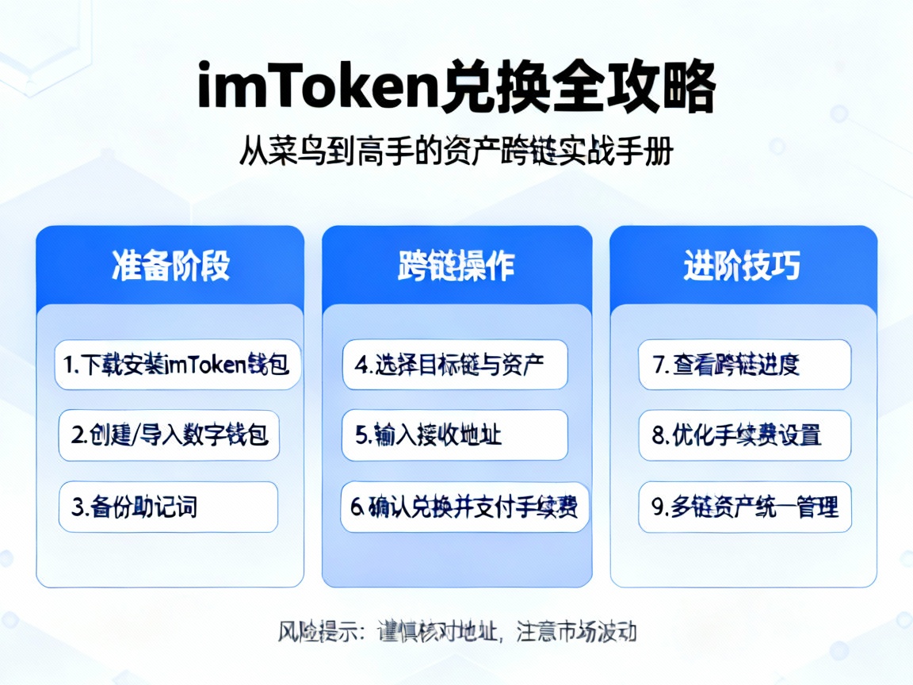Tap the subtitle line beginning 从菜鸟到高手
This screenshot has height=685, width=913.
(x=456, y=151)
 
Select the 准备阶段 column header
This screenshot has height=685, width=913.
(x=170, y=266)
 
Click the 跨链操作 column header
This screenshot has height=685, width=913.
(x=456, y=266)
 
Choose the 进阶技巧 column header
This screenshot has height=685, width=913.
(x=742, y=266)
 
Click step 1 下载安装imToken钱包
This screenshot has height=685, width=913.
(x=178, y=365)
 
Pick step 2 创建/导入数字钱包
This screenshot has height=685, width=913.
(x=169, y=434)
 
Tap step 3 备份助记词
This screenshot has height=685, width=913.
(x=168, y=507)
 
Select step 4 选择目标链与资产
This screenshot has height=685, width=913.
(x=455, y=365)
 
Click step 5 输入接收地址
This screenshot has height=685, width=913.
(x=455, y=434)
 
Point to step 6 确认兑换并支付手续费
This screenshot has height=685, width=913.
(x=465, y=507)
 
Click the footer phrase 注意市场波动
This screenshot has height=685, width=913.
(x=576, y=632)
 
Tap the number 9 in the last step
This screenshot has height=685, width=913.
(x=657, y=507)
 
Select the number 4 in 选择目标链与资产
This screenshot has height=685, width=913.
(x=361, y=365)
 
